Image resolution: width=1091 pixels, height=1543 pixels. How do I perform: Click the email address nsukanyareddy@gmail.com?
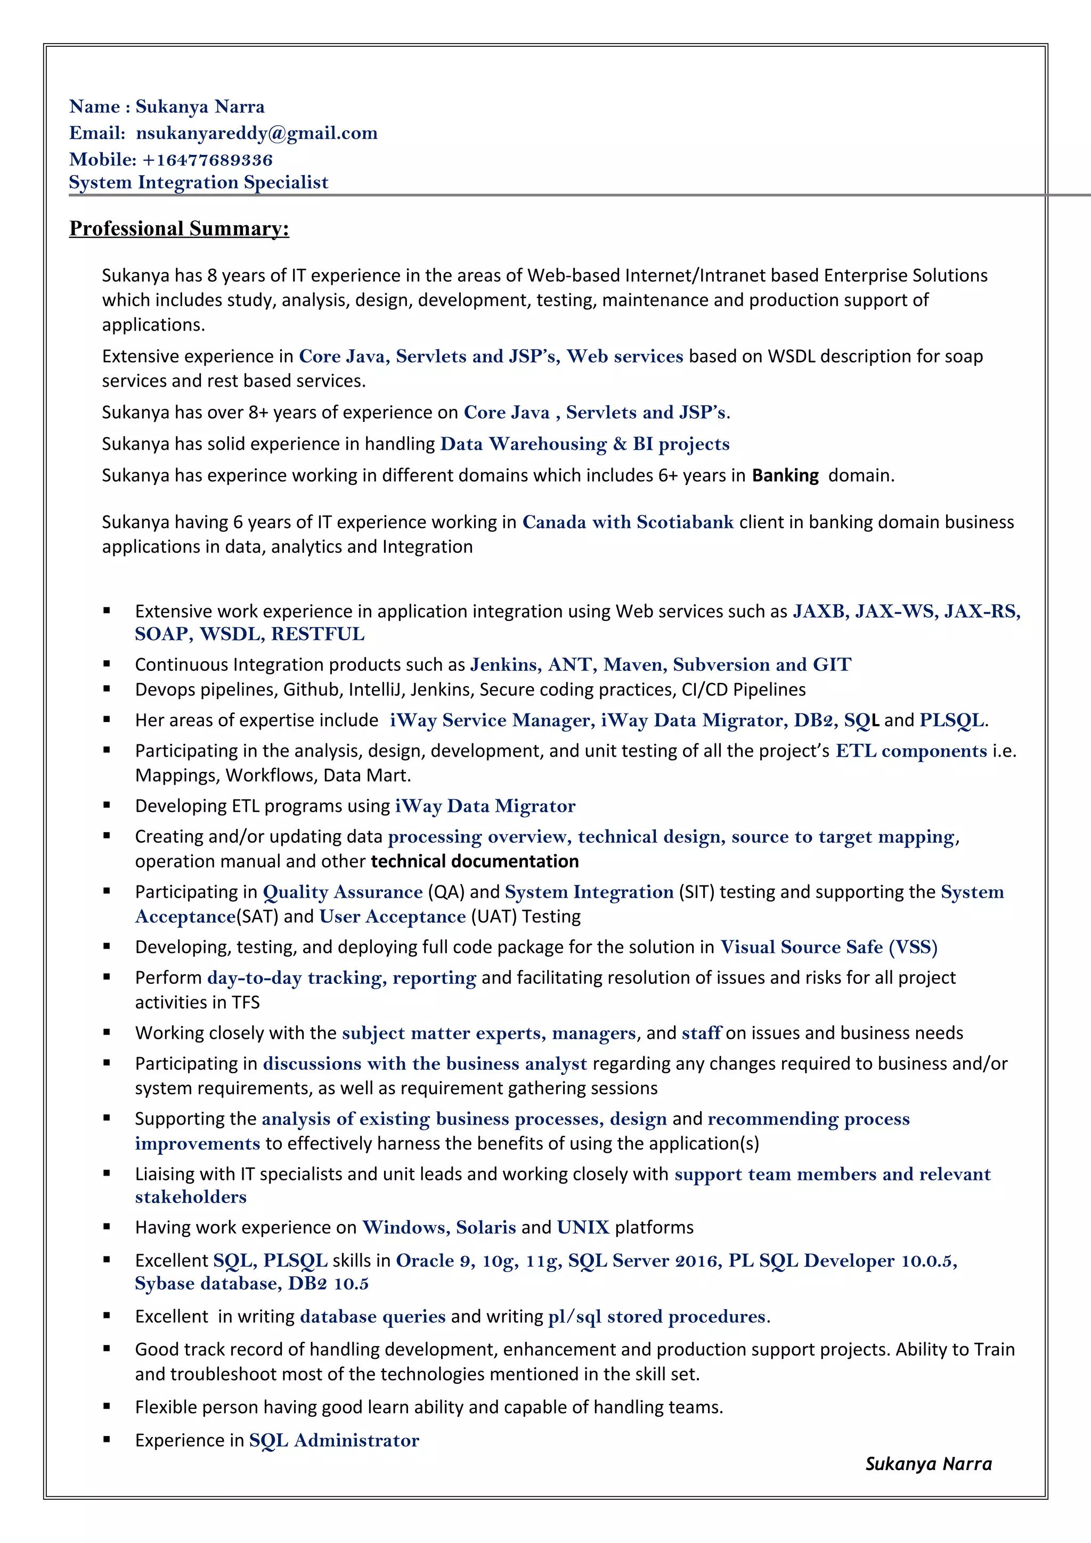point(256,133)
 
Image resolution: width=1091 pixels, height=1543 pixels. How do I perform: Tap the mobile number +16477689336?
point(207,160)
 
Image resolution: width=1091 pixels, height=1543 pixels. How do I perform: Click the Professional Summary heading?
point(179,228)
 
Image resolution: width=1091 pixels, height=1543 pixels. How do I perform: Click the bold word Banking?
point(785,476)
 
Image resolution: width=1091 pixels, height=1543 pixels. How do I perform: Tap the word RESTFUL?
point(317,634)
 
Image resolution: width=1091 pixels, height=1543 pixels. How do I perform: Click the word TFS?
point(246,1002)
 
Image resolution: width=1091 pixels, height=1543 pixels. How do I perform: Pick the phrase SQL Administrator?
point(333,1440)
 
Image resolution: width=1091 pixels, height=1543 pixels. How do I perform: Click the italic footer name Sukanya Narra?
point(927,1464)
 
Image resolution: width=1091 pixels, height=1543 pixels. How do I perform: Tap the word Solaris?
point(485,1227)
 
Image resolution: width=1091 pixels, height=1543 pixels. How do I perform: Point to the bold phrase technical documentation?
point(475,861)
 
